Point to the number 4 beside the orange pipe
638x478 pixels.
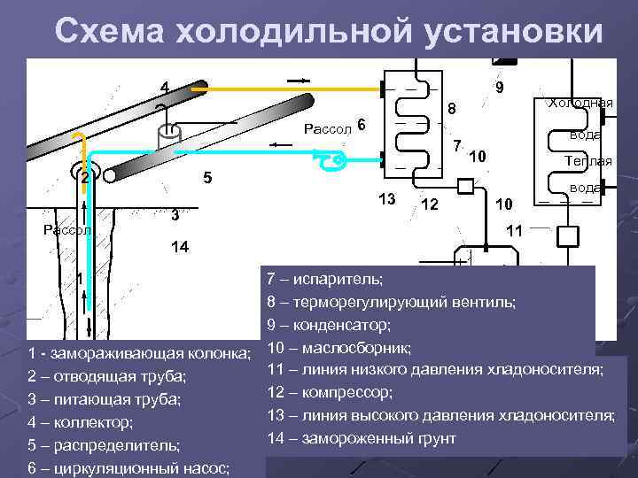(164, 87)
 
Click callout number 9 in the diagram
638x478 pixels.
(500, 88)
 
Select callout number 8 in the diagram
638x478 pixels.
(451, 110)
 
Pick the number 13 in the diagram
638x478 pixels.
(386, 197)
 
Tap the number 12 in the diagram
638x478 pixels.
(430, 204)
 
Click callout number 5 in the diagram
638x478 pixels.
(207, 177)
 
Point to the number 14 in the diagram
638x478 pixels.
(179, 247)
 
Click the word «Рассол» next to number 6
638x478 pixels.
(327, 128)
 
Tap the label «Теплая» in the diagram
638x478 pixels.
(584, 161)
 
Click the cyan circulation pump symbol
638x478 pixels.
(334, 160)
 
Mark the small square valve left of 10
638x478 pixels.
(466, 186)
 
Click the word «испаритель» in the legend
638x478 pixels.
(343, 279)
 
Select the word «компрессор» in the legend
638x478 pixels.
(347, 392)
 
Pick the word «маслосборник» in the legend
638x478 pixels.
(355, 347)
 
